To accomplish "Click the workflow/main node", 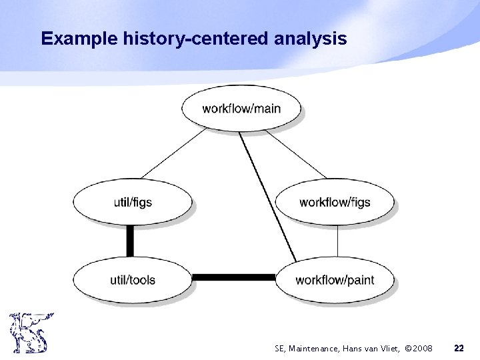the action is click(241, 108).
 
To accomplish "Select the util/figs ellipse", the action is click(133, 202).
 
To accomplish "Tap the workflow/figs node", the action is click(335, 202).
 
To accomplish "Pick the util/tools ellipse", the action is click(133, 279).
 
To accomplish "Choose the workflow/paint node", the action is click(335, 279).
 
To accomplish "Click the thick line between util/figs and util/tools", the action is click(130, 240).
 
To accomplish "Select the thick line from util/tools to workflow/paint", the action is click(233, 277).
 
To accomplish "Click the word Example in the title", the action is click(80, 39).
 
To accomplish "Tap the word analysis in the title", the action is click(310, 39).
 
